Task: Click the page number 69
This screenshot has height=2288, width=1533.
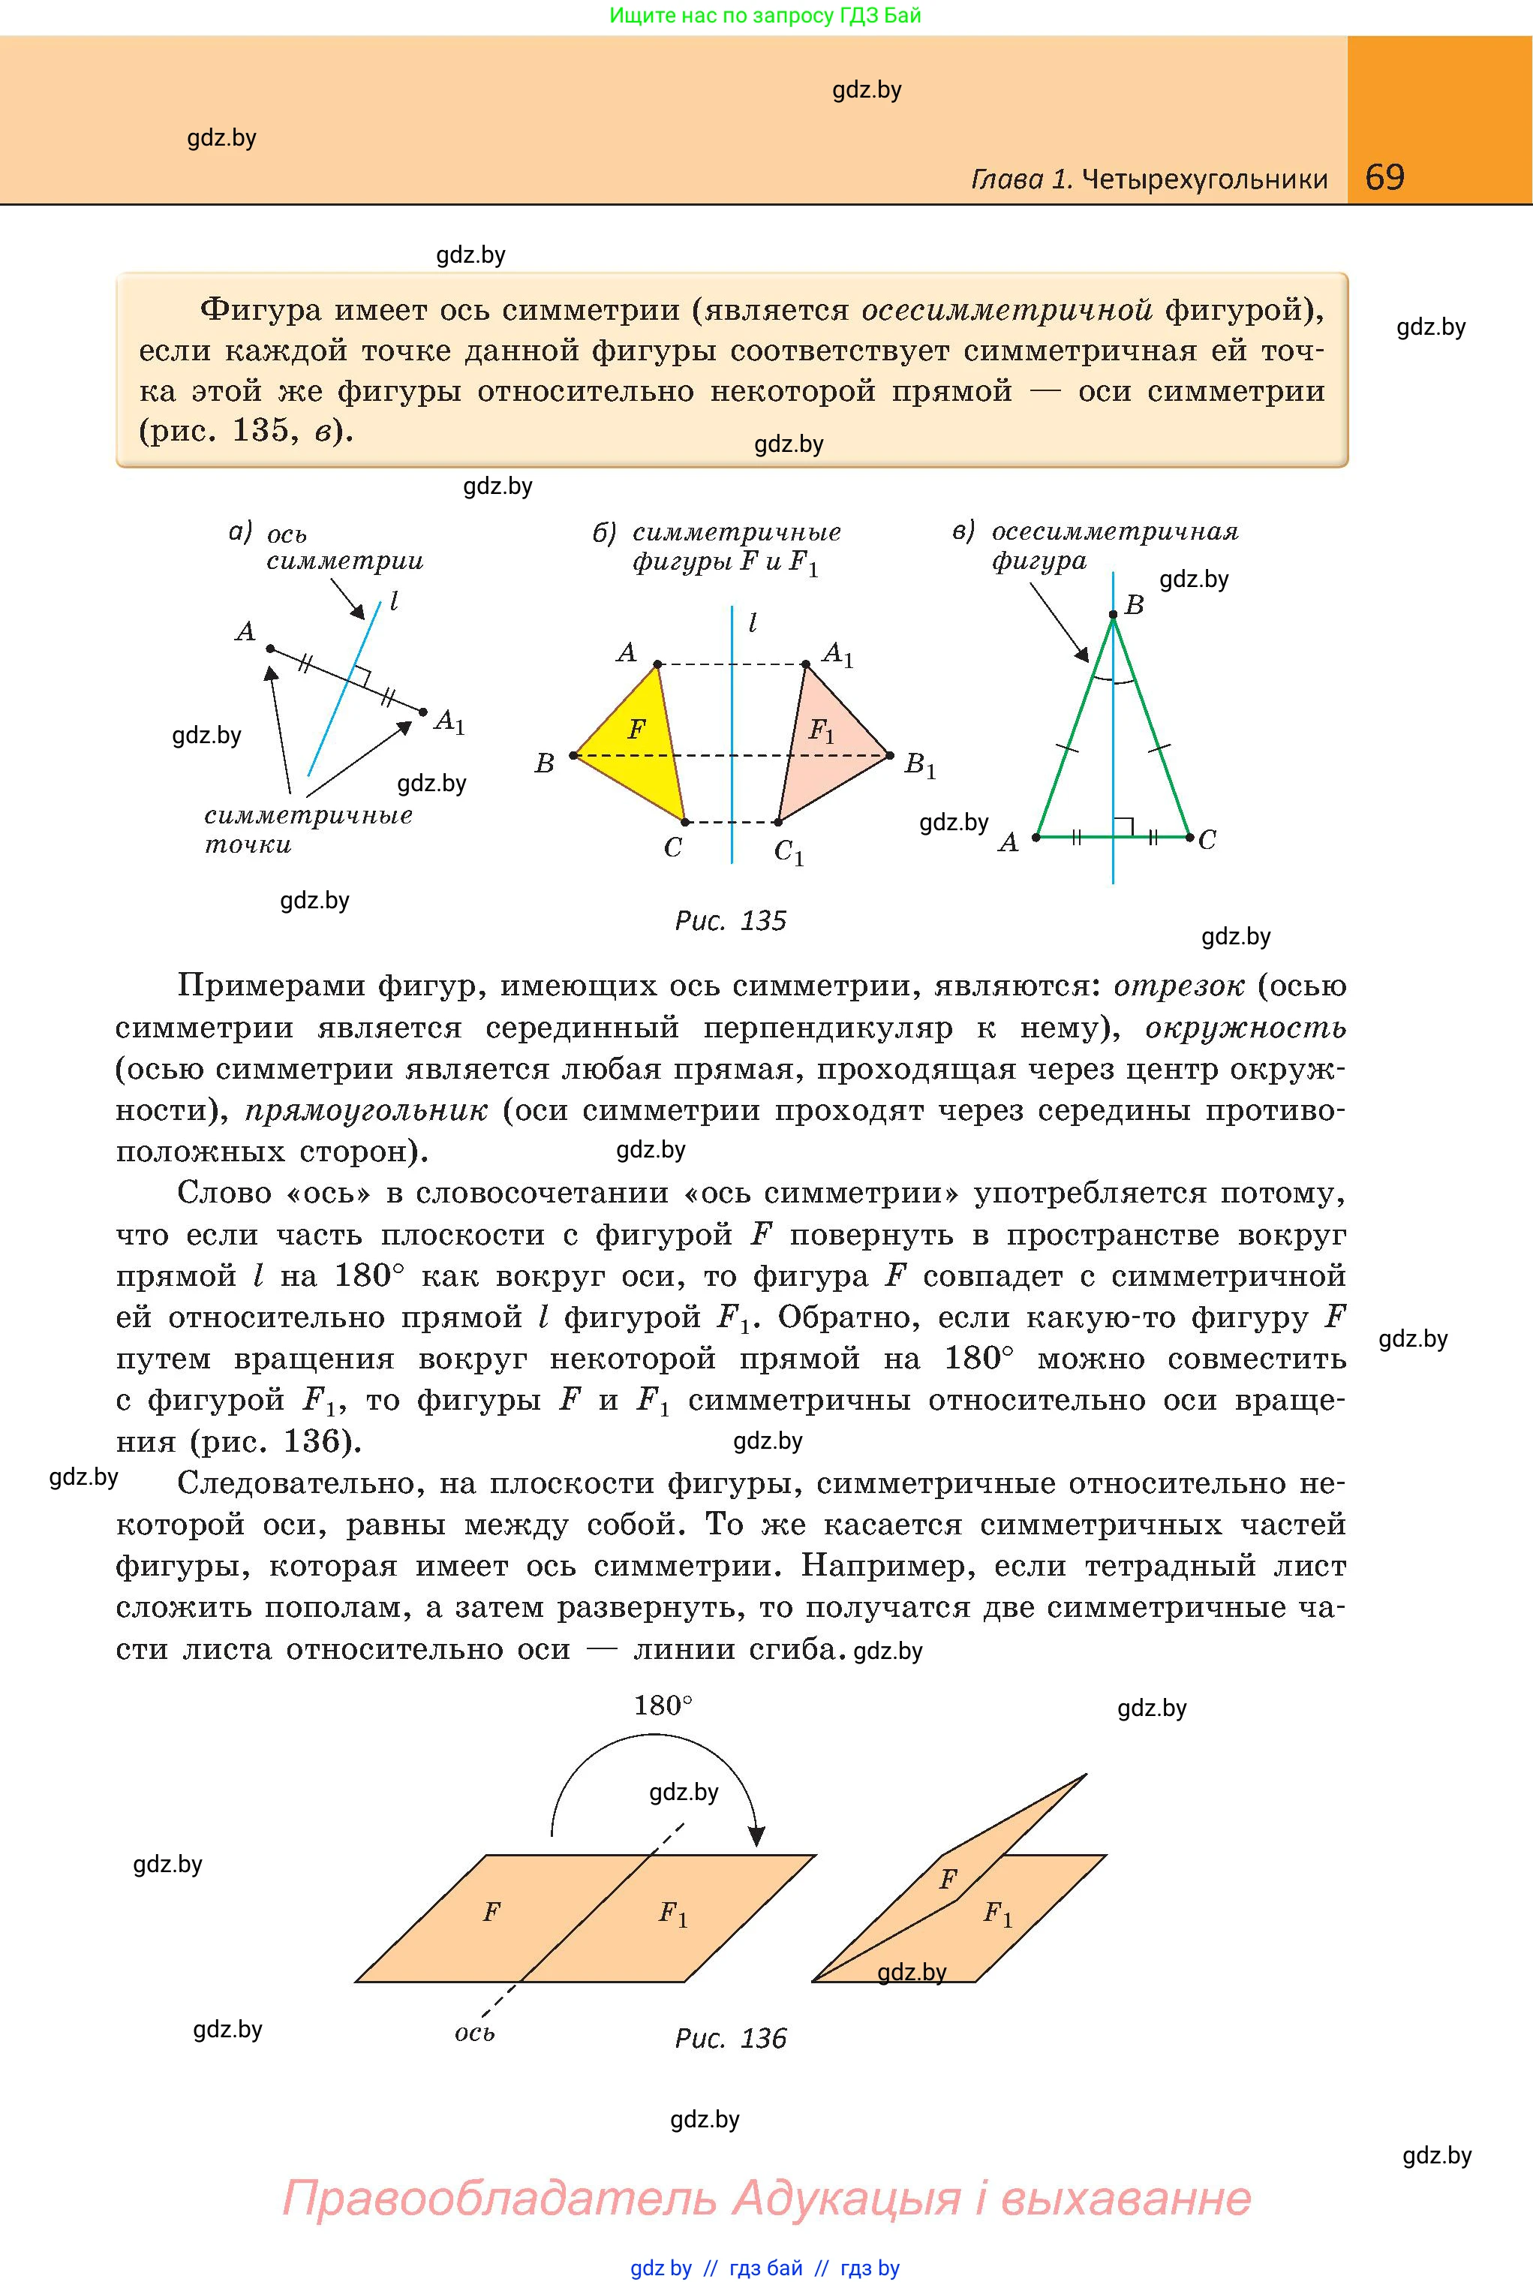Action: pyautogui.click(x=1384, y=177)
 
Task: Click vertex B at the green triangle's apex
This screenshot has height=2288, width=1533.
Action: pyautogui.click(x=1114, y=615)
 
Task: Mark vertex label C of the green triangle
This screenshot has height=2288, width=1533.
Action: pyautogui.click(x=1207, y=840)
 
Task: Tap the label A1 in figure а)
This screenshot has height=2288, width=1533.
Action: pyautogui.click(x=449, y=723)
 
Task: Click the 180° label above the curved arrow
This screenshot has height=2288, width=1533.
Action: pyautogui.click(x=663, y=1706)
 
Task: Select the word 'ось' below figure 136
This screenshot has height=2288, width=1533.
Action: pyautogui.click(x=475, y=2034)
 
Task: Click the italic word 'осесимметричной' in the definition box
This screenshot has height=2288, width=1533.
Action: pyautogui.click(x=1007, y=310)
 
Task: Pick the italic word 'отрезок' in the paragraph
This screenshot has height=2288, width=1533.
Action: pyautogui.click(x=1179, y=986)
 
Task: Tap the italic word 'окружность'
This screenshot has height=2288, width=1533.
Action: pyautogui.click(x=1246, y=1028)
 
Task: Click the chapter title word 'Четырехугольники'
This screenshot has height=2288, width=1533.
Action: pyautogui.click(x=1206, y=179)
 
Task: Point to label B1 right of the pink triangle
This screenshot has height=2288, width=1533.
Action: pyautogui.click(x=920, y=765)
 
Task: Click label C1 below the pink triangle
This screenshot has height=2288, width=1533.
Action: pyautogui.click(x=789, y=853)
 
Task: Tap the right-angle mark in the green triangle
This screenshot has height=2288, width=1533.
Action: pyautogui.click(x=1123, y=827)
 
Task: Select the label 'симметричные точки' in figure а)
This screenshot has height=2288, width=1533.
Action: pyautogui.click(x=308, y=829)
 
